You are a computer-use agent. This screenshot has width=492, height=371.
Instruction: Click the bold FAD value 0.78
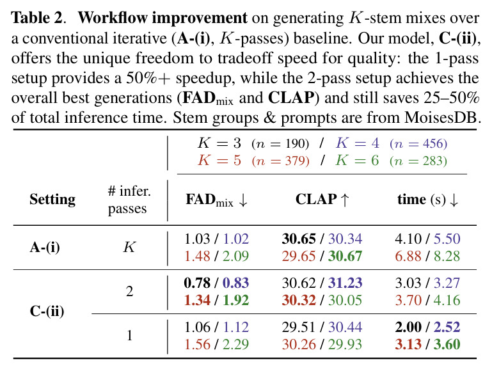click(197, 283)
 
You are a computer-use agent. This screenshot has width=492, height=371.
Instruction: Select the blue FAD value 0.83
click(235, 283)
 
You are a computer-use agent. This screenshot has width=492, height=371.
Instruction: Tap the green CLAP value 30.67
click(345, 257)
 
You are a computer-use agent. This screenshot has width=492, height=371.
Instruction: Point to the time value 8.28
click(447, 257)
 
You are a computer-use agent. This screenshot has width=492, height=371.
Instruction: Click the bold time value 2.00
click(408, 328)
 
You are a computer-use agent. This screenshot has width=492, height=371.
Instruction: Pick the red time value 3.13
click(408, 345)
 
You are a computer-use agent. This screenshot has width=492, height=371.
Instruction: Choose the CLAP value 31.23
click(345, 283)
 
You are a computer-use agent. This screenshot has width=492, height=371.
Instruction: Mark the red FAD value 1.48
click(197, 257)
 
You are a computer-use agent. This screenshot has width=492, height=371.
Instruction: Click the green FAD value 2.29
click(235, 345)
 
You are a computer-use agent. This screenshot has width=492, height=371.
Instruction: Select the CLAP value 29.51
click(298, 328)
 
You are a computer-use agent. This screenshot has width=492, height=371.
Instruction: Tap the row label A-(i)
click(45, 248)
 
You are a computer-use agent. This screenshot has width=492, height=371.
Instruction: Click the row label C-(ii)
click(47, 312)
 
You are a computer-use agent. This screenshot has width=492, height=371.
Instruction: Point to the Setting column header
click(52, 200)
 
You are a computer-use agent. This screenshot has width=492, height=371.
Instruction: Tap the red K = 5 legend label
click(219, 161)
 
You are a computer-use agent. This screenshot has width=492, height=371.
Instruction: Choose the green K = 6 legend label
click(357, 161)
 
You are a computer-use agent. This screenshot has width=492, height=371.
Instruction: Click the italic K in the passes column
click(129, 248)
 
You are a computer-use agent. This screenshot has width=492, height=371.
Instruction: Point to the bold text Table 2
click(37, 18)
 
